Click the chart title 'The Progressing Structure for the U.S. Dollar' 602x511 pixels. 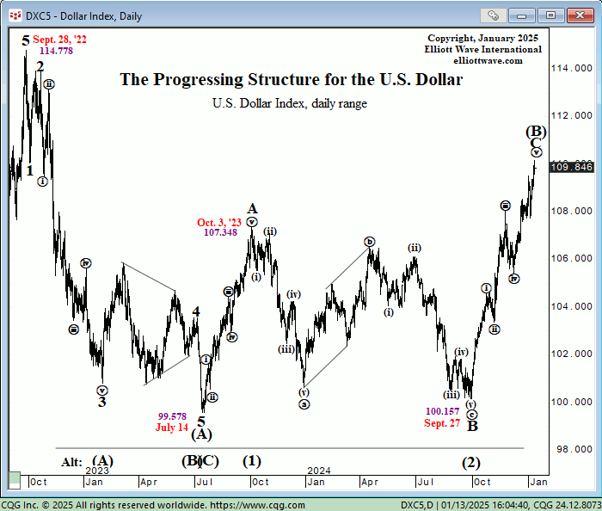tap(291, 80)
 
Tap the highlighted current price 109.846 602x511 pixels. tap(572, 167)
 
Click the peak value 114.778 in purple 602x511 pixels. tap(56, 52)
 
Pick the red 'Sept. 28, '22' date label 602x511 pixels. tap(59, 40)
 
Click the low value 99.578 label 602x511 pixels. tap(172, 416)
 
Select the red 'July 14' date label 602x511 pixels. tap(172, 428)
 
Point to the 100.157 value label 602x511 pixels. tap(443, 411)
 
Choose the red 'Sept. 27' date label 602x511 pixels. tap(442, 423)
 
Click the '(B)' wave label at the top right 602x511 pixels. tap(536, 131)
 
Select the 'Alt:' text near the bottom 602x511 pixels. tap(71, 462)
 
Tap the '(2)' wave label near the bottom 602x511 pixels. tap(470, 462)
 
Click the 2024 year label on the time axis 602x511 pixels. tap(319, 471)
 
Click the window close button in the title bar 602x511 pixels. tap(574, 15)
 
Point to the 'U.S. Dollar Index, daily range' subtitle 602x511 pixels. tap(290, 103)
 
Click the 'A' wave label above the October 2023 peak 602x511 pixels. tap(252, 208)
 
